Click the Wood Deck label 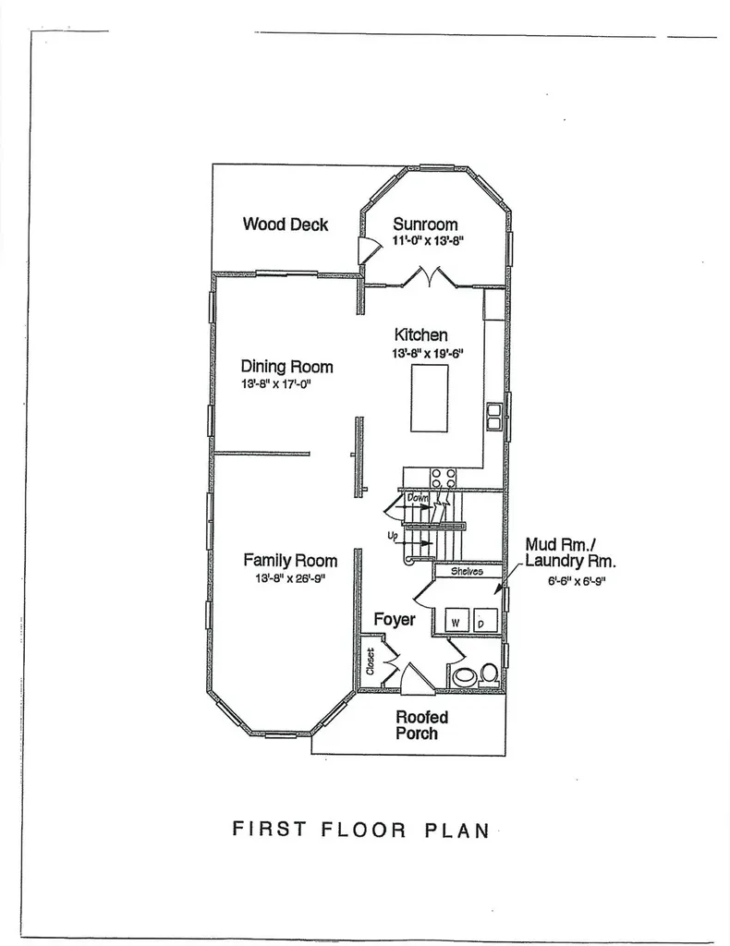click(286, 224)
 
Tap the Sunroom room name click(425, 224)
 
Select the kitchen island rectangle click(430, 397)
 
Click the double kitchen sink click(494, 417)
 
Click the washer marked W click(456, 621)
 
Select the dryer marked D click(485, 621)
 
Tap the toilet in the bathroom click(489, 675)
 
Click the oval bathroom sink click(464, 676)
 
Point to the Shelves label click(467, 571)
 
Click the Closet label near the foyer click(371, 661)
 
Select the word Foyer click(395, 620)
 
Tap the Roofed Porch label click(421, 725)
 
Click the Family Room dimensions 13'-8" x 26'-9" click(290, 578)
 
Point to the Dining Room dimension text click(275, 383)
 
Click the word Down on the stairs click(418, 498)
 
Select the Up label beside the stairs click(393, 535)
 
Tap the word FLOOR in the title click(363, 830)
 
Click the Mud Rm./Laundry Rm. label click(570, 553)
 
